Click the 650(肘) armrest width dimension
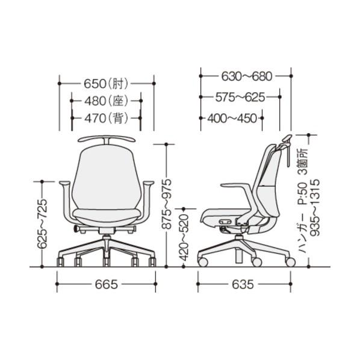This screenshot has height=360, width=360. pyautogui.click(x=106, y=84)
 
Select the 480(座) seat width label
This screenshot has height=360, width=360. pyautogui.click(x=106, y=101)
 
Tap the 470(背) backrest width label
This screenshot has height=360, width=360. pyautogui.click(x=106, y=118)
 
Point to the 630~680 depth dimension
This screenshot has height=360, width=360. pyautogui.click(x=247, y=76)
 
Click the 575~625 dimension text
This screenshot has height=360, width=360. pyautogui.click(x=240, y=98)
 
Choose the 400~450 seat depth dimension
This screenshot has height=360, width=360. pyautogui.click(x=232, y=119)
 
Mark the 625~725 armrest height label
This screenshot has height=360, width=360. pyautogui.click(x=42, y=224)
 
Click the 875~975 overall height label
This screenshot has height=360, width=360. pyautogui.click(x=166, y=204)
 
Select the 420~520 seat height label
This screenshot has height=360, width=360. pyautogui.click(x=184, y=238)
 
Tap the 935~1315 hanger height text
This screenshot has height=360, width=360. pyautogui.click(x=314, y=208)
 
